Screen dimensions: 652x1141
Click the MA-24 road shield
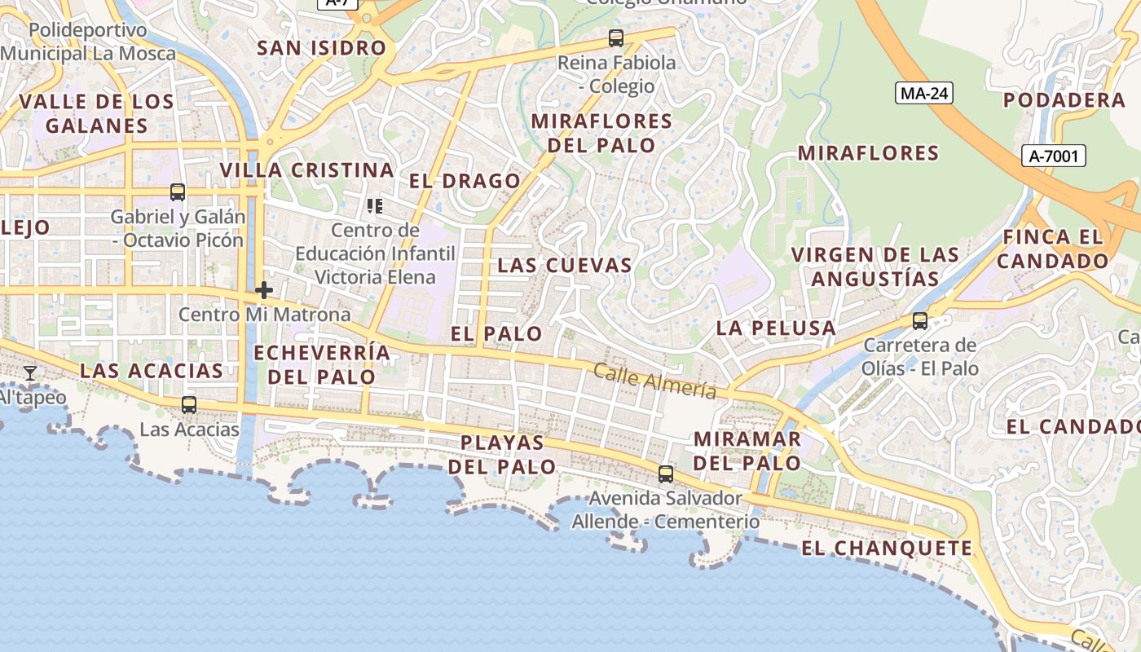(924, 93)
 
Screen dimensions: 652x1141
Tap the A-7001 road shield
(1053, 156)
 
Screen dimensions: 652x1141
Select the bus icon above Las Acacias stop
(189, 404)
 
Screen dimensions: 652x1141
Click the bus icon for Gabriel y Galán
(177, 192)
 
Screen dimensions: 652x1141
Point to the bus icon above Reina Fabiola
(616, 37)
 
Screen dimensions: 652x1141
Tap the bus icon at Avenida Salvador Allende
(666, 474)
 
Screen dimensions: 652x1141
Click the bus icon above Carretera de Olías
(920, 320)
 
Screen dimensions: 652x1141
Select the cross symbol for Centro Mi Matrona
(264, 289)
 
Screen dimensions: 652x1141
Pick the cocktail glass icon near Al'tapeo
(30, 373)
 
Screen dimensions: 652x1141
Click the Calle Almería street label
(655, 381)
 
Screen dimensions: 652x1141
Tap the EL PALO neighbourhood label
(496, 333)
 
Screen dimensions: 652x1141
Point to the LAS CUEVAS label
(565, 265)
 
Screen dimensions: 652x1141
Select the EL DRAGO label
(465, 181)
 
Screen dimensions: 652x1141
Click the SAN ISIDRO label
(321, 47)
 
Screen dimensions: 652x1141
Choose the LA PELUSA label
(776, 328)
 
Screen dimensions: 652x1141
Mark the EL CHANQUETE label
(887, 548)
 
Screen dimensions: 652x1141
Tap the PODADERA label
(1064, 100)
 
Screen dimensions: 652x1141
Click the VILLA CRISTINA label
(307, 170)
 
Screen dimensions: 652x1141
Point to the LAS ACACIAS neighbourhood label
(152, 371)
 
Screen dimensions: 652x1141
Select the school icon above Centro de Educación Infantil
(375, 205)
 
